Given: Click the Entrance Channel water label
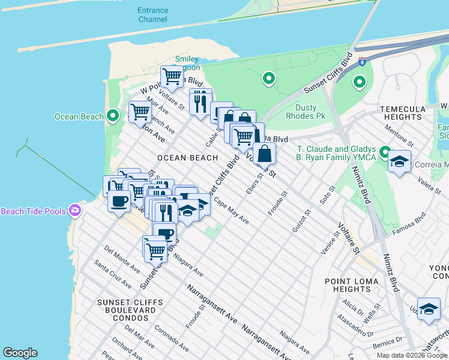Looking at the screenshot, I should pos(152,15).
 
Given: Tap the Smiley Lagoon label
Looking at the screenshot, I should pos(187,64).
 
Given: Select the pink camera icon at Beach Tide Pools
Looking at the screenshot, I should pos(75,211).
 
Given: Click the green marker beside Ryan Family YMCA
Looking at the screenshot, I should pos(384,153).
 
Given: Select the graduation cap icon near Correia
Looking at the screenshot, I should pos(399,161).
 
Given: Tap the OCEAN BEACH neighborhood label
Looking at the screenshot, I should pos(187,158).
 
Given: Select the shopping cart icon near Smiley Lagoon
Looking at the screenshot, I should pos(172,76).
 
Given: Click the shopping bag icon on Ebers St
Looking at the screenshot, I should pos(264,154).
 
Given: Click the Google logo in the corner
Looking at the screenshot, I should pos(20,353).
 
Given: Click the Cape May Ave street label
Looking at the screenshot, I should pos(232,211).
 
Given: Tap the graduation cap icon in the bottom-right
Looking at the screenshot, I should pos(429,309).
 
